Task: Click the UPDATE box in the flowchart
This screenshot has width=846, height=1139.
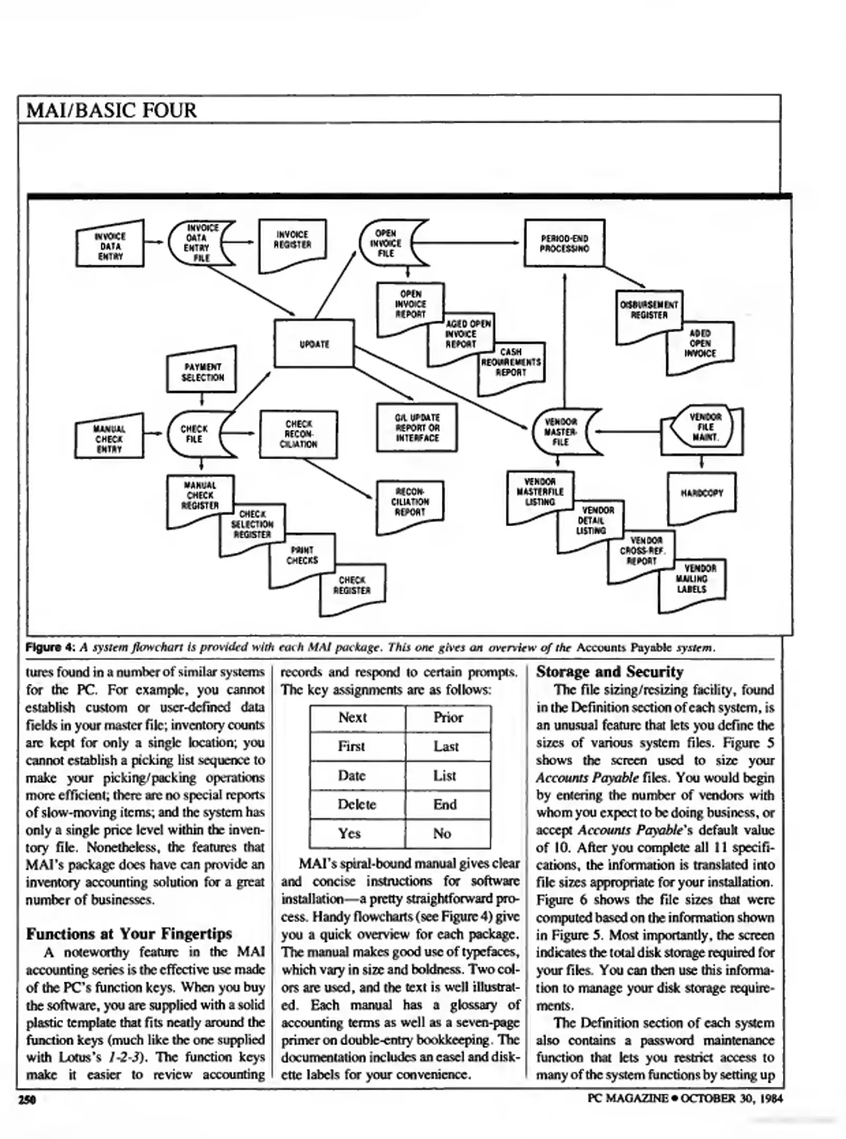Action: (x=314, y=343)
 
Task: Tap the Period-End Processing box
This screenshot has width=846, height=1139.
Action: (x=564, y=243)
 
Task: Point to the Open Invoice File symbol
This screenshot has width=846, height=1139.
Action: (x=387, y=243)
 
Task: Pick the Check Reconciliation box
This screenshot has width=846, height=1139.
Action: (x=298, y=434)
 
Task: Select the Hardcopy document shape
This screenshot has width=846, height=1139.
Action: (x=702, y=494)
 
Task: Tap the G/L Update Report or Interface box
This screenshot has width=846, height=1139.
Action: (x=417, y=427)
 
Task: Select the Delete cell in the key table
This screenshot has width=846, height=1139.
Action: (x=357, y=804)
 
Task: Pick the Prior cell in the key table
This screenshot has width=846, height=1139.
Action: (x=448, y=718)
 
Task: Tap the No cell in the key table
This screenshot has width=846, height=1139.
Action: (x=442, y=833)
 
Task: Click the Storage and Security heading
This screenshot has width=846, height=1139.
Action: (x=609, y=672)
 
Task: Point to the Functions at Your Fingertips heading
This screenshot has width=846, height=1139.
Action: (x=129, y=934)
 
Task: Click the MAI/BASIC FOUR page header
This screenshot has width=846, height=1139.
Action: (x=111, y=110)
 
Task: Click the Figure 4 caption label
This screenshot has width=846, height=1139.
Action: (x=51, y=647)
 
